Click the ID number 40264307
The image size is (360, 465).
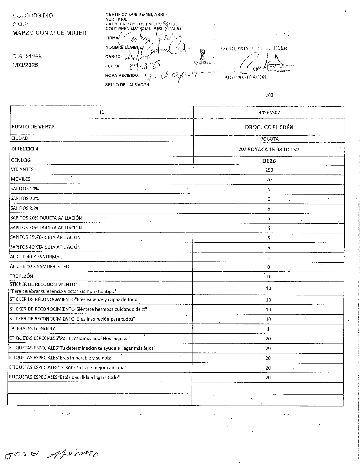[269, 112]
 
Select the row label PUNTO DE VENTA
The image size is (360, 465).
[33, 127]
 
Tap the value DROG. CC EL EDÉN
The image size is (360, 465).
[269, 127]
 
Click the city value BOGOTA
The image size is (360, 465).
[269, 139]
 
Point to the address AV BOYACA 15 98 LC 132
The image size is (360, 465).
[269, 150]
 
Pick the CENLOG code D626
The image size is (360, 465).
[269, 161]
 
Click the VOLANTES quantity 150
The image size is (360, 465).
[269, 170]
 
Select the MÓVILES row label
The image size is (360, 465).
[20, 179]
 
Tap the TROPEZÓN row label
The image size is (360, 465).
[21, 276]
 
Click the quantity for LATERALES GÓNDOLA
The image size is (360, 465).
[268, 329]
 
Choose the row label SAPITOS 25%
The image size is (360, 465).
[24, 208]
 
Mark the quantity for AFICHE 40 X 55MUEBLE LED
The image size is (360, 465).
[268, 267]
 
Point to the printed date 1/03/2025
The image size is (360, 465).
[25, 65]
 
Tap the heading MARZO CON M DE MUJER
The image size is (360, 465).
[49, 33]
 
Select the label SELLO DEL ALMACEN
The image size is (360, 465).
[127, 85]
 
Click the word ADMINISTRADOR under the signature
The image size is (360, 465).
[246, 77]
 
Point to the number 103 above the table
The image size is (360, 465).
[269, 95]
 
